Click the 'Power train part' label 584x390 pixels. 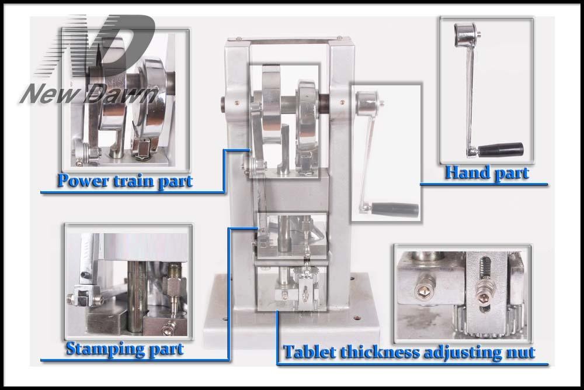pos(124,181)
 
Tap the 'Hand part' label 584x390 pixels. pos(486,173)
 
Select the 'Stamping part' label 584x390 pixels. pos(124,349)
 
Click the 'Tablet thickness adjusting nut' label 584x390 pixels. pos(409,353)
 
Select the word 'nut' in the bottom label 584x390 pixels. pos(519,353)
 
